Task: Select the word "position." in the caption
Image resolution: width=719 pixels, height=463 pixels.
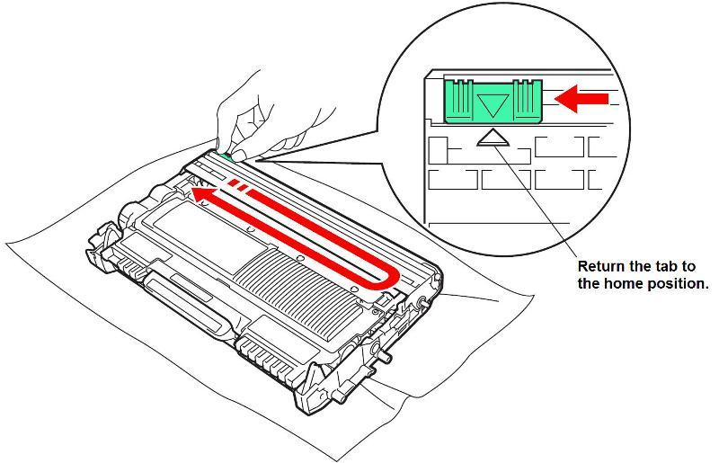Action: click(x=678, y=284)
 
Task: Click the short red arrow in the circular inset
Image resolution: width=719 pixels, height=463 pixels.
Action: click(x=581, y=99)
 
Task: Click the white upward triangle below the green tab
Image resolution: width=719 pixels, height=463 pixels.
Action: click(x=493, y=138)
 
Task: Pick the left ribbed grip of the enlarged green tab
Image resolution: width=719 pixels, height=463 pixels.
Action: click(x=459, y=102)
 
